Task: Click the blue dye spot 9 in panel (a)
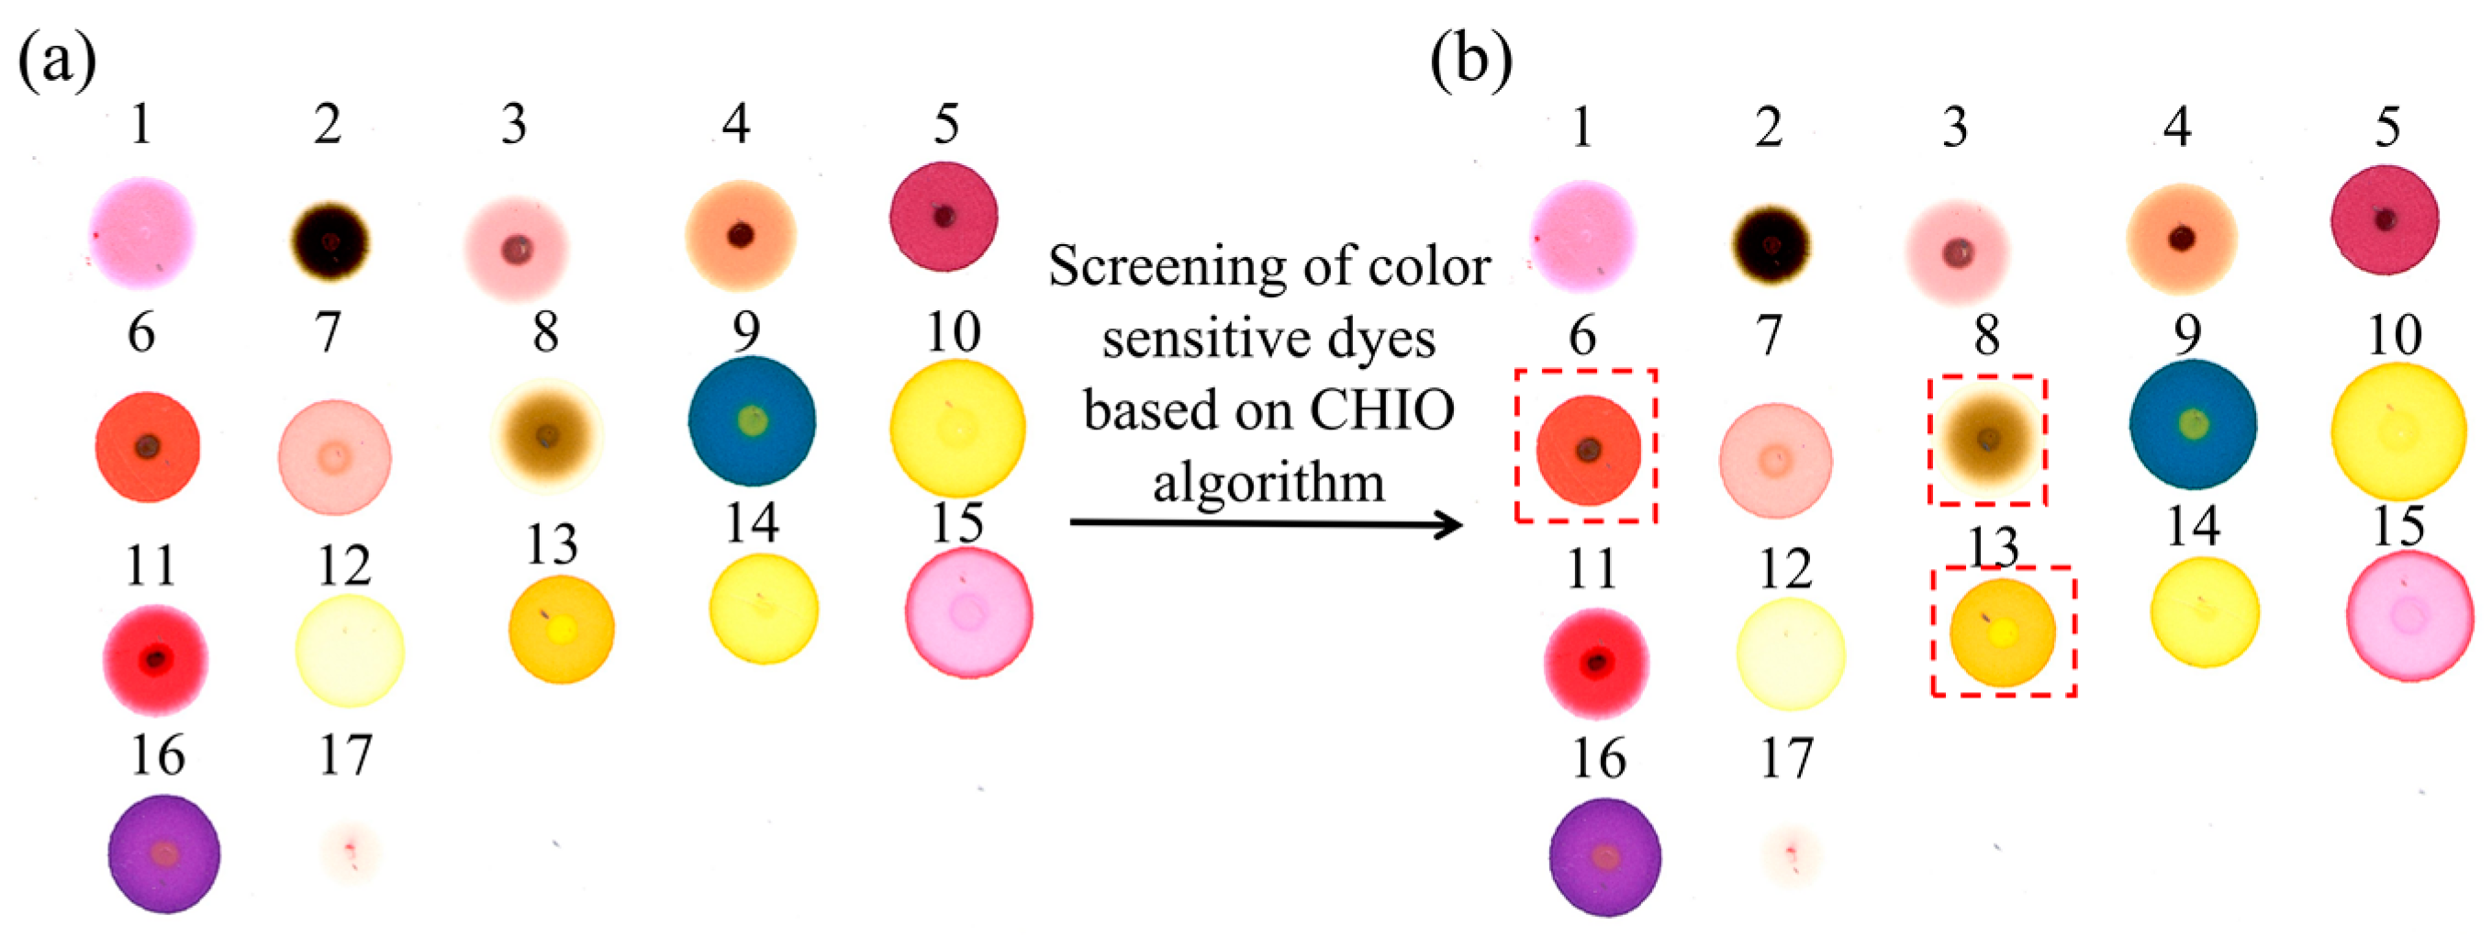(752, 420)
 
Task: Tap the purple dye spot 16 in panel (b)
(1605, 856)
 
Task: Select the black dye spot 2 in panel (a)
(330, 240)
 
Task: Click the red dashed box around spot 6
(1517, 446)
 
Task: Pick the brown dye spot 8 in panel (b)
(1987, 441)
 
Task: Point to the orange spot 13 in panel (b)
(2003, 631)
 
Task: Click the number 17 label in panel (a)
(345, 754)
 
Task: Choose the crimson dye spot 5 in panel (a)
(944, 217)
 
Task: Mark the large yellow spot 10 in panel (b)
(2397, 430)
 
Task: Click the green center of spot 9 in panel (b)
(2193, 423)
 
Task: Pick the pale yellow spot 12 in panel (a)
(349, 651)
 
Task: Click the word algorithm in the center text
(1268, 482)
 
